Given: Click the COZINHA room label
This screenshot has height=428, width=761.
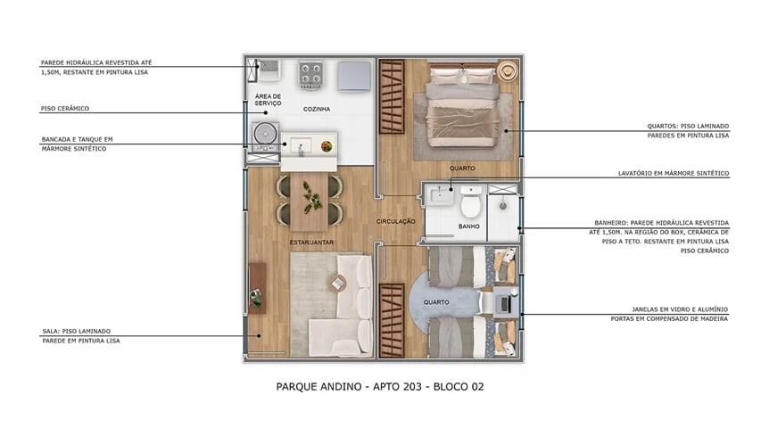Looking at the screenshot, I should click(x=317, y=109).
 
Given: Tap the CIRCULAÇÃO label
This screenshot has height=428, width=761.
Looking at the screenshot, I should click(x=395, y=220).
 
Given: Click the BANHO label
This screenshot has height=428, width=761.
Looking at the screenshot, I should click(x=469, y=226).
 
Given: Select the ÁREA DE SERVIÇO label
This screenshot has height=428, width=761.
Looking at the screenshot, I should click(x=268, y=100).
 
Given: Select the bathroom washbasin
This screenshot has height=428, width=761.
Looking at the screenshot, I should click(x=442, y=193).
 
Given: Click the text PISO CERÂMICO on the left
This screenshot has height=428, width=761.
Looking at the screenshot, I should click(x=65, y=109).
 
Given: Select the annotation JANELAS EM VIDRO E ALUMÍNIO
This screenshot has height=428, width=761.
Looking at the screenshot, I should click(x=669, y=309).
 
